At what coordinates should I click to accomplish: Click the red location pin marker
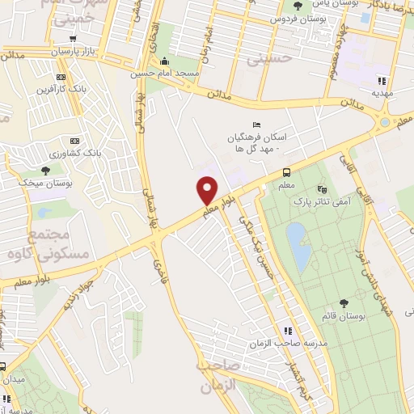207,191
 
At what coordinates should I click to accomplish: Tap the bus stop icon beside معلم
286,171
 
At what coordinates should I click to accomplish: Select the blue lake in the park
298,246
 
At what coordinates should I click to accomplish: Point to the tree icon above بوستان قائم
344,303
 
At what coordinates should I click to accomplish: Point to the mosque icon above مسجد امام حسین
166,61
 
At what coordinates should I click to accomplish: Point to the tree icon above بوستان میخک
45,171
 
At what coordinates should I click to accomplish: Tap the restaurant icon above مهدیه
382,81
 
